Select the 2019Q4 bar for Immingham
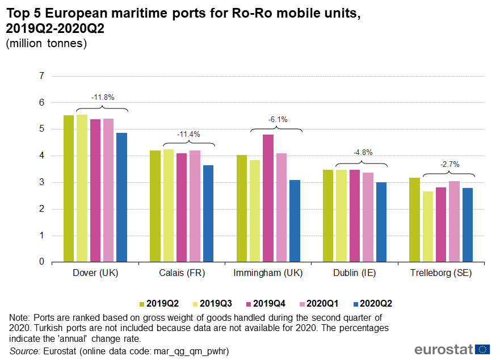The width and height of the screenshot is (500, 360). click(268, 198)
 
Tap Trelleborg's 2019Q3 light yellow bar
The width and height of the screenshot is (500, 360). click(428, 227)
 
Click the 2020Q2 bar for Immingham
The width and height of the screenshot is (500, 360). click(295, 221)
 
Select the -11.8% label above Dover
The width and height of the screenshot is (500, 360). click(103, 97)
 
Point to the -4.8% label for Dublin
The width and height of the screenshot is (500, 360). click(363, 152)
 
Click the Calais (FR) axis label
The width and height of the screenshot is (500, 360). click(182, 273)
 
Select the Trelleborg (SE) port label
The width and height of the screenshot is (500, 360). click(441, 273)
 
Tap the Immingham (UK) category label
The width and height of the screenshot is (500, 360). click(268, 273)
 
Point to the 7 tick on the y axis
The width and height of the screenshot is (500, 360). click(41, 76)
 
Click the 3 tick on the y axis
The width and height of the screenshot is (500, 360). click(41, 182)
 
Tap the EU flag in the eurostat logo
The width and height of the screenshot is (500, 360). click(483, 349)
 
